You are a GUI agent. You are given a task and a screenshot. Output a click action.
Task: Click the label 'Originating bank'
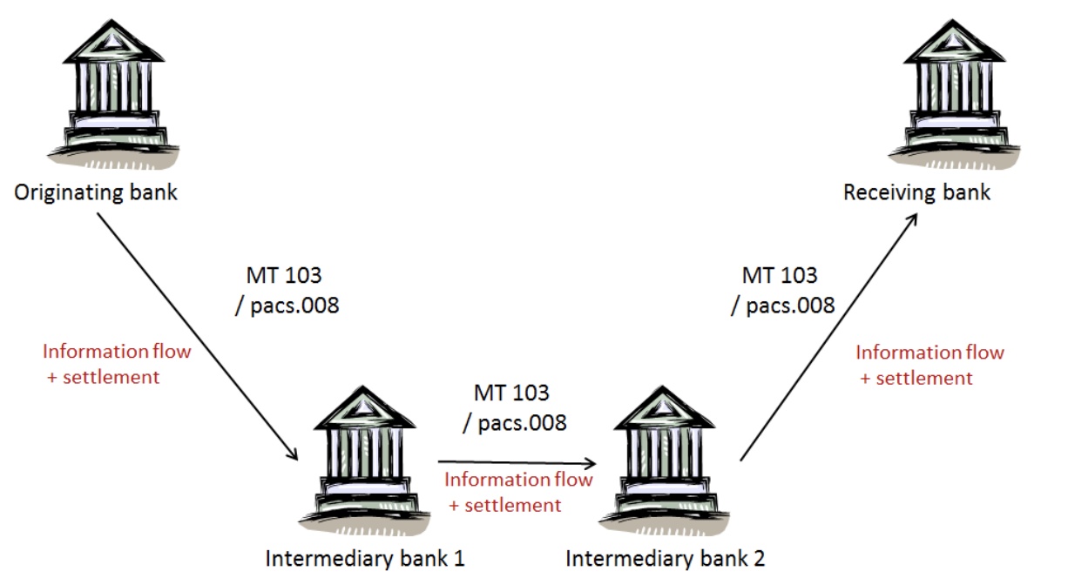tap(96, 192)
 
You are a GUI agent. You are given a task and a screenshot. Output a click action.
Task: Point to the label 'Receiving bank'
tap(916, 192)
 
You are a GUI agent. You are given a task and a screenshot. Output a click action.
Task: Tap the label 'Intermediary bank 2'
tap(665, 558)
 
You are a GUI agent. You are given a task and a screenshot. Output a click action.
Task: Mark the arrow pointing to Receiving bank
tap(828, 339)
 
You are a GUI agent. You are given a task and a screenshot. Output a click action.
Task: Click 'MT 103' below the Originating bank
tap(284, 277)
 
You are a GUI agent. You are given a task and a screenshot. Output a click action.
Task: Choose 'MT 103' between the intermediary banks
tap(511, 393)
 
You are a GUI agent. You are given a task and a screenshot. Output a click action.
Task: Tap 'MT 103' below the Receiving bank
tap(780, 276)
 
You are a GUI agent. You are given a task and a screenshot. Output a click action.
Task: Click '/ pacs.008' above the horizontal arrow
tap(514, 423)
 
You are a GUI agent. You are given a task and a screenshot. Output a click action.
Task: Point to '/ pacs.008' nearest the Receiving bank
tap(782, 306)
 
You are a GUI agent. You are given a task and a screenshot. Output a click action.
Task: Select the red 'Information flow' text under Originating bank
tap(117, 352)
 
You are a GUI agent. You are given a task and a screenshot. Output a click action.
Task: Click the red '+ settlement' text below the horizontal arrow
tap(505, 505)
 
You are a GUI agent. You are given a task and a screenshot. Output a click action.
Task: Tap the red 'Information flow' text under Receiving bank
tap(929, 353)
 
